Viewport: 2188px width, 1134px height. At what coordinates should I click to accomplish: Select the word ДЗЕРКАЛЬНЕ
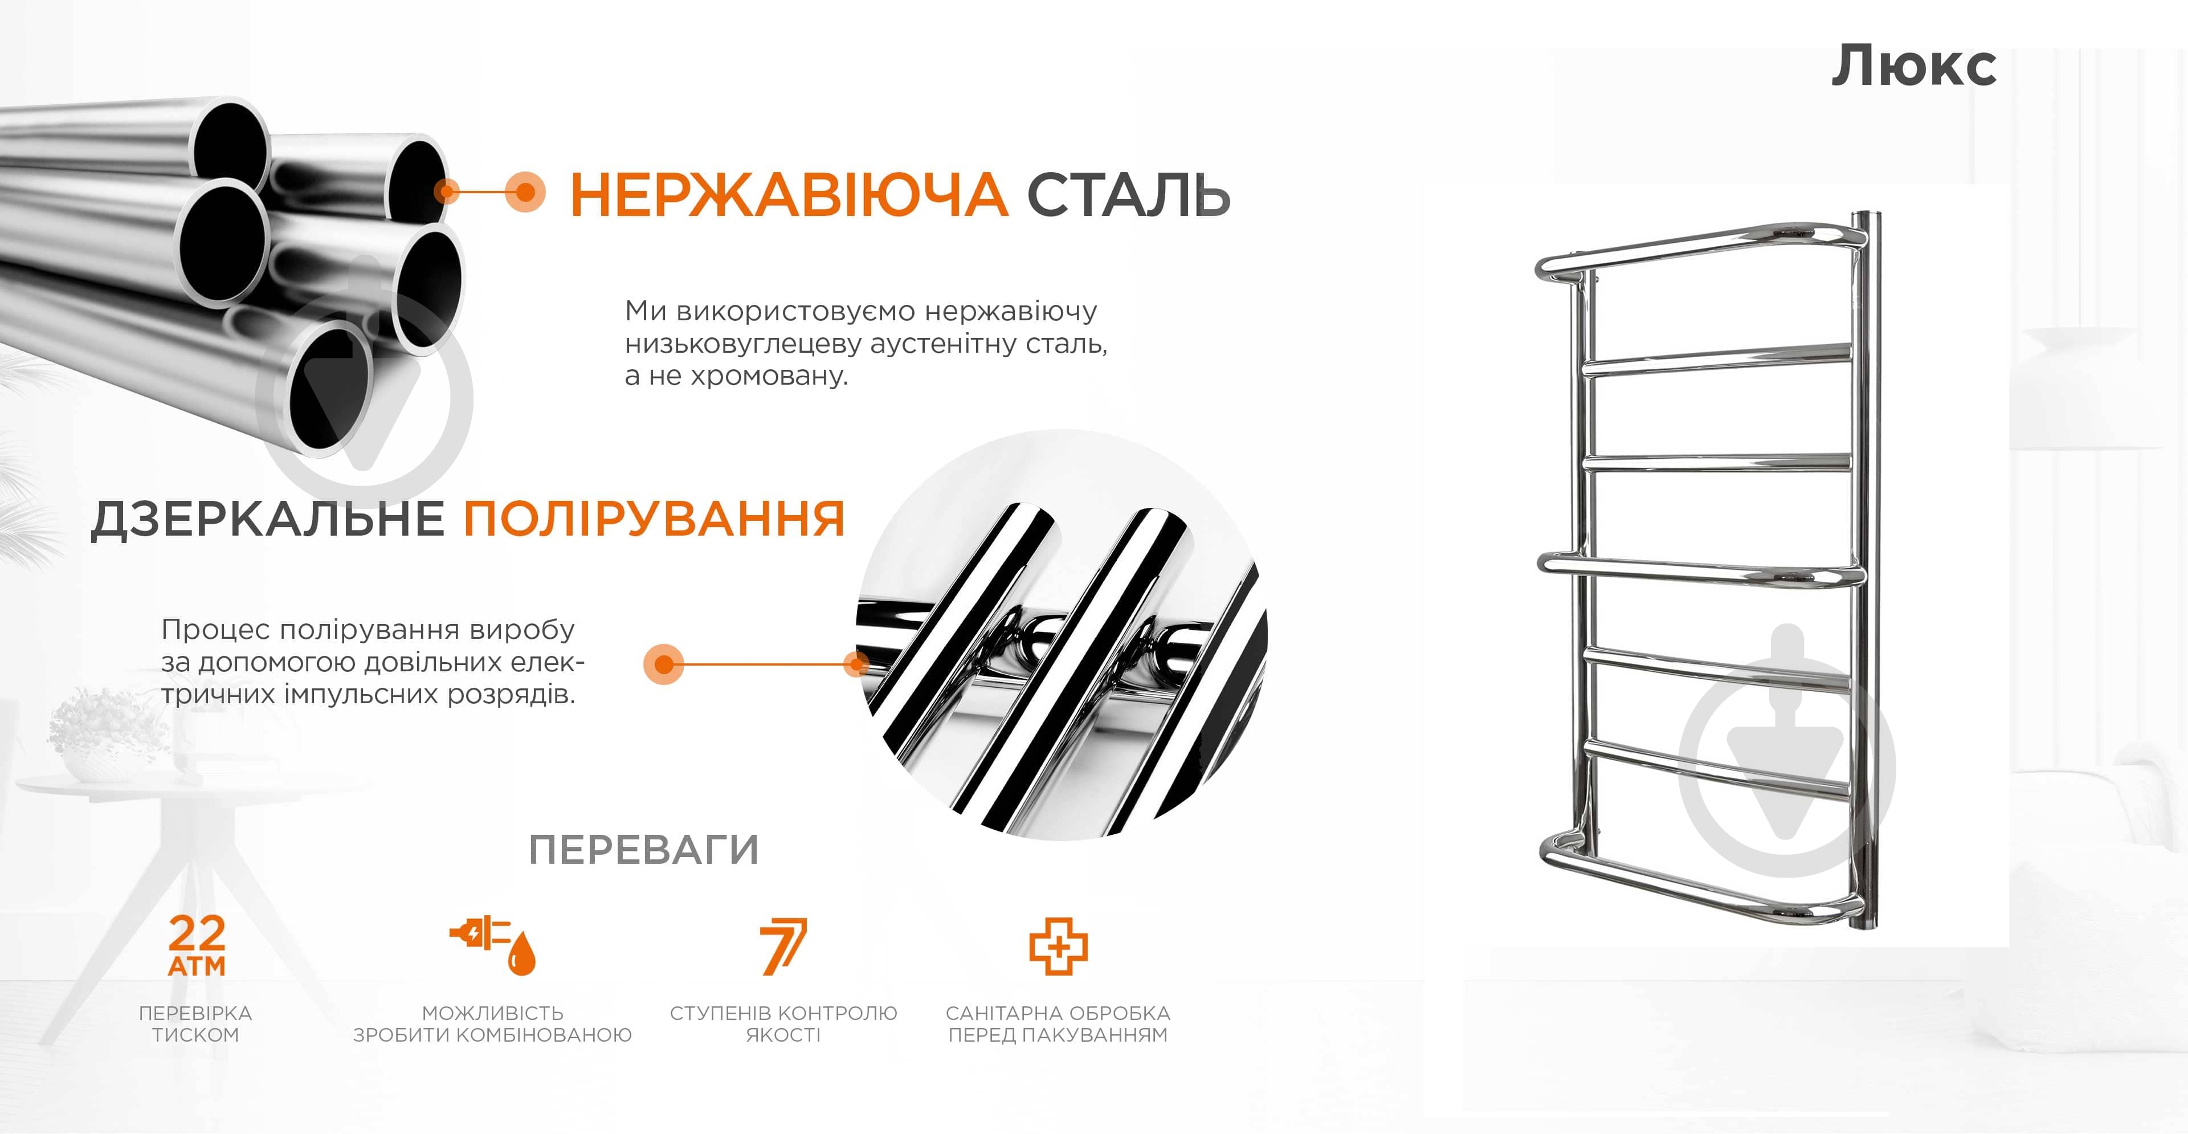click(x=268, y=519)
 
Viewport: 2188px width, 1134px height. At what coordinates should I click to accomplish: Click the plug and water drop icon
click(x=493, y=945)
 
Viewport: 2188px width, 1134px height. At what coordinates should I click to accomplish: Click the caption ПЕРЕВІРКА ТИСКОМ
click(x=195, y=1023)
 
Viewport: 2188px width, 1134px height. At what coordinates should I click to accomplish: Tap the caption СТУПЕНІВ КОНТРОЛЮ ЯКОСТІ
click(x=783, y=1023)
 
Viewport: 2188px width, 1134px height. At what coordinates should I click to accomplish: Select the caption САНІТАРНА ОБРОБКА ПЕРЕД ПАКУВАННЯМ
click(x=1058, y=1023)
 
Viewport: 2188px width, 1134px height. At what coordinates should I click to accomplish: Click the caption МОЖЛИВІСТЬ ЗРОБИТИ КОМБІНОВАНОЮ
click(x=493, y=1023)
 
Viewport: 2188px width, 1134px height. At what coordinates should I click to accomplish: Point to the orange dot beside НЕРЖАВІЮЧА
click(x=525, y=192)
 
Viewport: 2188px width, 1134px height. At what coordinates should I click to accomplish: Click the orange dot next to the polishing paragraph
click(x=664, y=663)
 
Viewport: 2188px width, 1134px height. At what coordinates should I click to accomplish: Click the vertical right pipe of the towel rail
click(x=1865, y=569)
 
